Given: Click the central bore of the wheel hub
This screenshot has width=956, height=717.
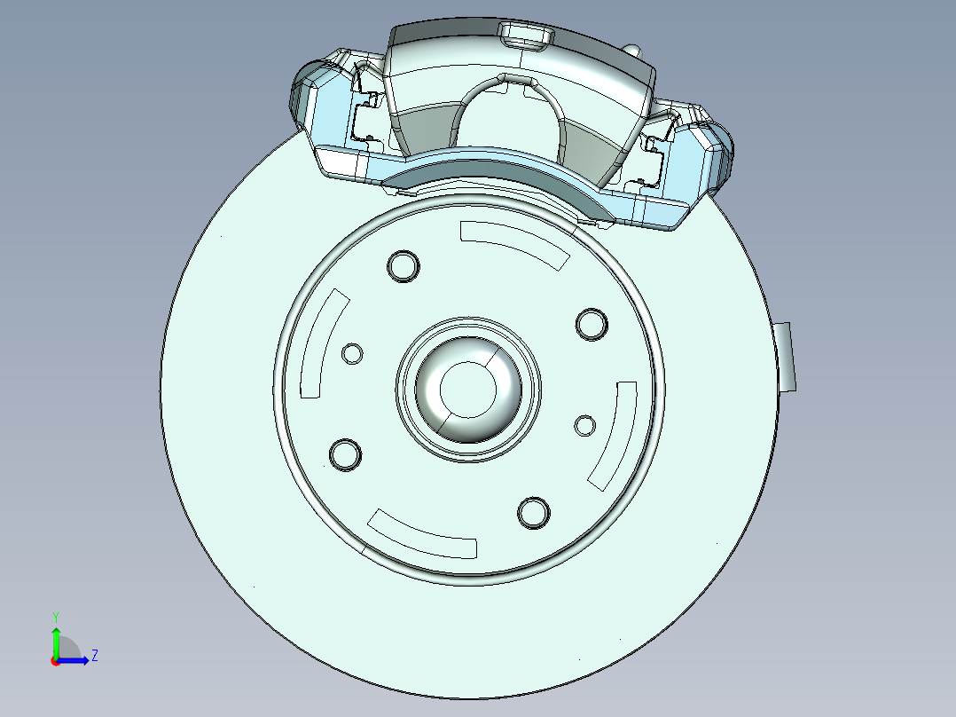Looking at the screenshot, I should coord(466,387).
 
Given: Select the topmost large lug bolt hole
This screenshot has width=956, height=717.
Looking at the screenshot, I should coord(404,266).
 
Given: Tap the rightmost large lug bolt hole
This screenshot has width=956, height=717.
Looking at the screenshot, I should coord(592,324).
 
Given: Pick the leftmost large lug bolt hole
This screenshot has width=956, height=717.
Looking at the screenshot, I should coord(345,453).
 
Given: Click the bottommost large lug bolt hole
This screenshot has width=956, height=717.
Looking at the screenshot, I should coord(533,512).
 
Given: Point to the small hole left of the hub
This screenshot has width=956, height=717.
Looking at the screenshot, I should coord(353,354).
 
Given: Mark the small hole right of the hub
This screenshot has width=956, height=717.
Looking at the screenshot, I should coord(584,426).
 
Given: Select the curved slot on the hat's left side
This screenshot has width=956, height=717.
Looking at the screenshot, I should coord(321,343).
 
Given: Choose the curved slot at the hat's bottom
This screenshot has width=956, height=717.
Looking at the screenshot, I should coord(423,536).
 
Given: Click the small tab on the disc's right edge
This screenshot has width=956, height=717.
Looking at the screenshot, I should coord(786,357).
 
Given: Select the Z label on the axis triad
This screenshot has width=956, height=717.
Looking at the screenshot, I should coord(94,656).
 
